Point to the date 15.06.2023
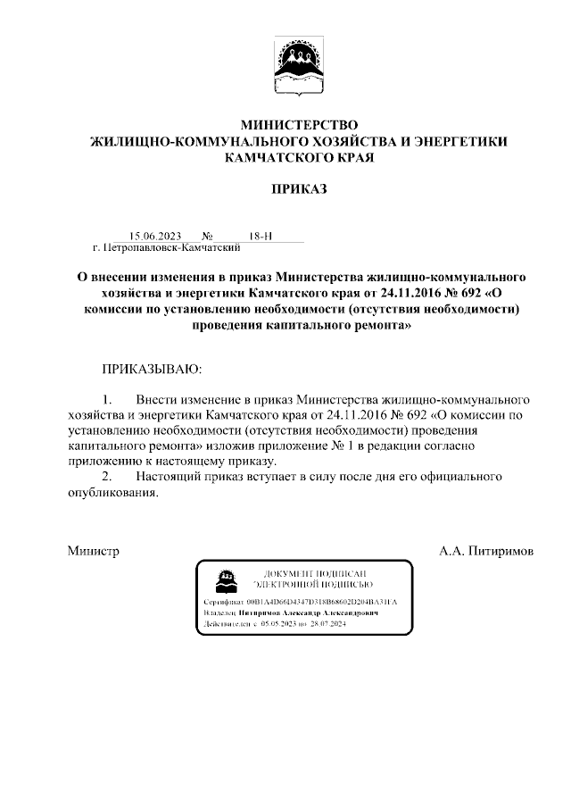pyautogui.click(x=155, y=237)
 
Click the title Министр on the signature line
pyautogui.click(x=94, y=552)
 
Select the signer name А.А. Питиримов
pyautogui.click(x=485, y=552)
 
